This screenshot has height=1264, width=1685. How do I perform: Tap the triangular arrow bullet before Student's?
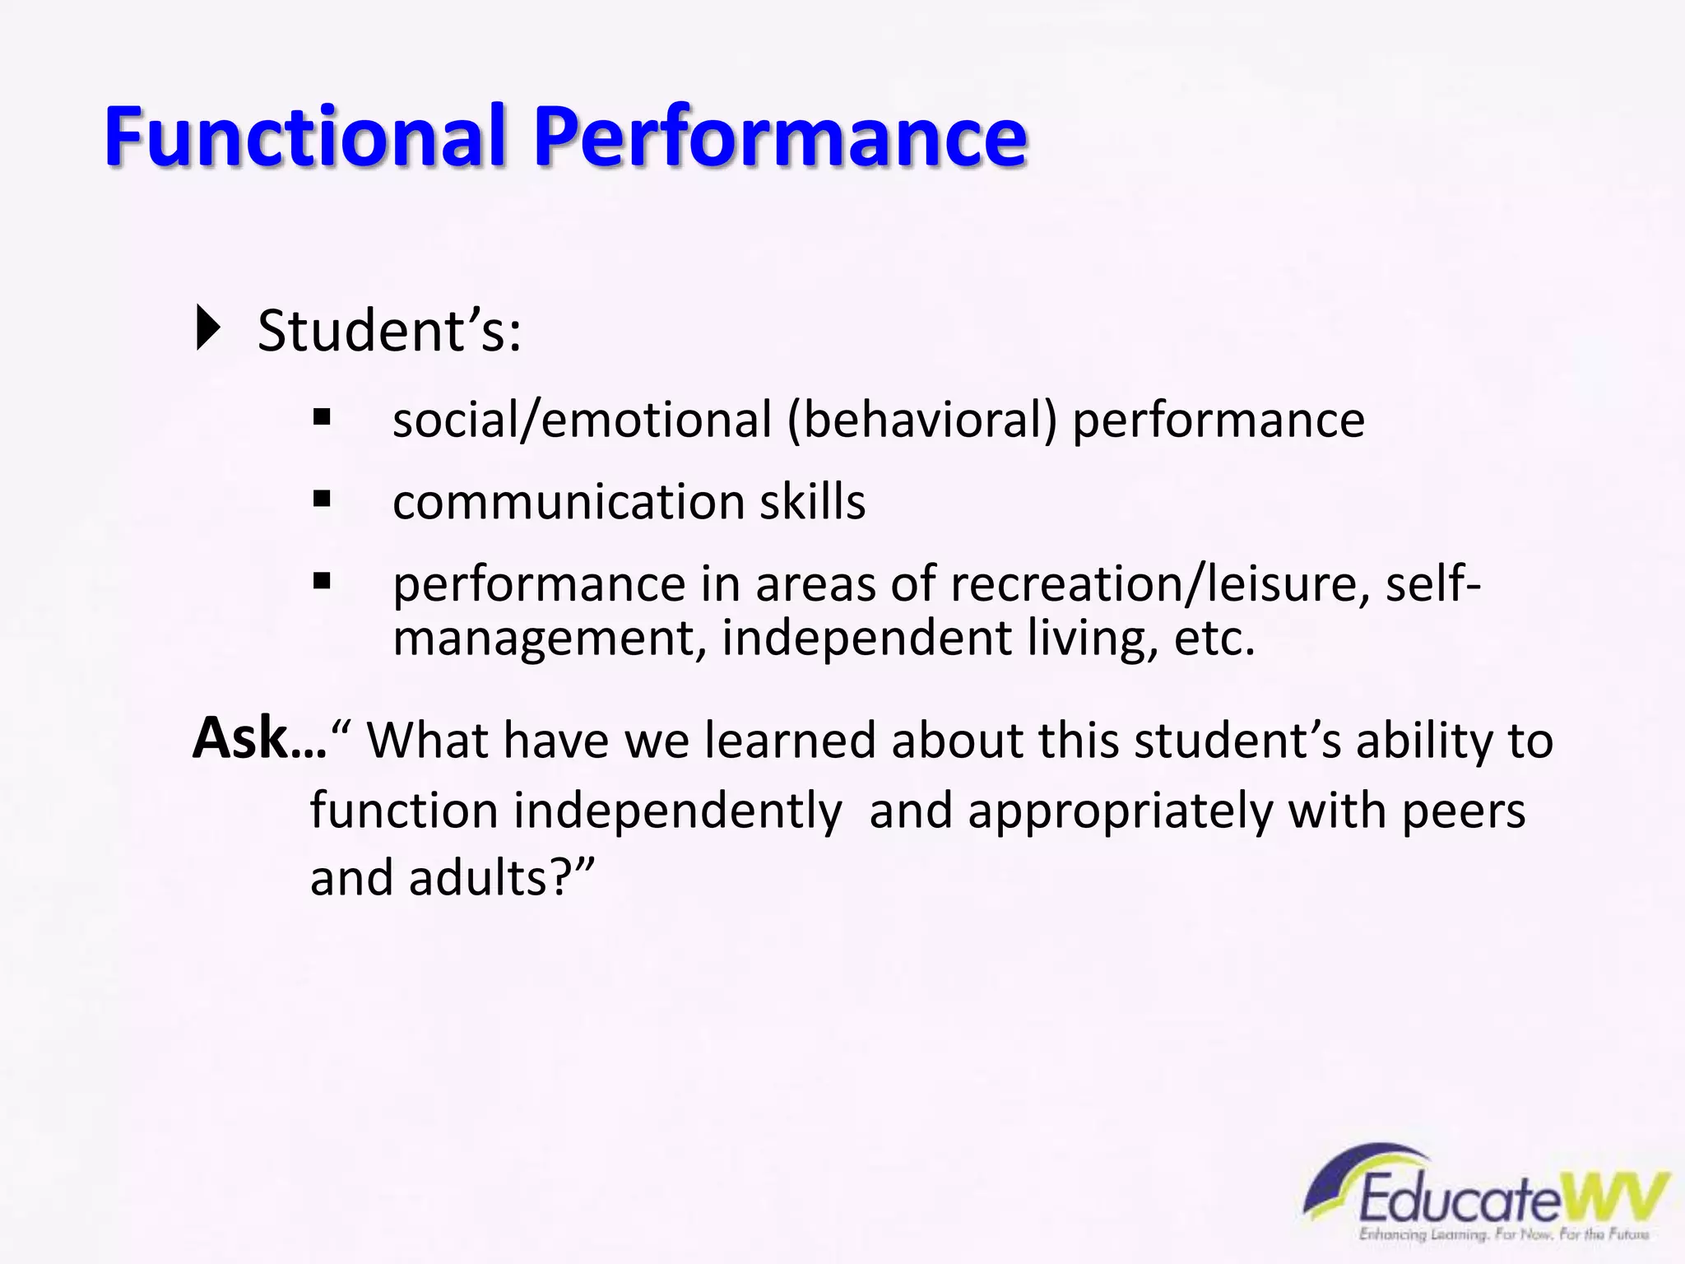209,328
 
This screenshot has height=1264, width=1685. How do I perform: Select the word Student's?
388,332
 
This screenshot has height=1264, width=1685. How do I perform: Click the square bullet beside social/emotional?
322,417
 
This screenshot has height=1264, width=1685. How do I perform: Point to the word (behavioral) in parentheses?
921,421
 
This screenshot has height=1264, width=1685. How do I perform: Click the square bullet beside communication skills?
322,499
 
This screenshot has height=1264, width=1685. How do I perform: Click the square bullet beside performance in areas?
322,582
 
